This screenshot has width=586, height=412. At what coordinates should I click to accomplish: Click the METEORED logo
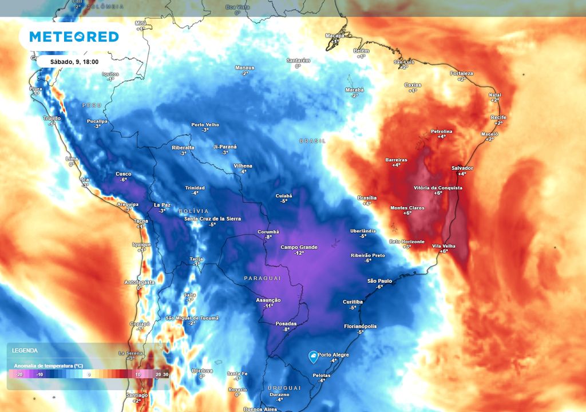point(74,37)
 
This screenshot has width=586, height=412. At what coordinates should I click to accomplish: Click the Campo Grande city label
point(299,247)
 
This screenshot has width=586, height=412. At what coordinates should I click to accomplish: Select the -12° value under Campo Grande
point(299,253)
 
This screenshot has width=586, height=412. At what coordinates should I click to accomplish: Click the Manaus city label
point(244,68)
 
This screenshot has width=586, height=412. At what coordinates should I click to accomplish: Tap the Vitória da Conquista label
point(438,188)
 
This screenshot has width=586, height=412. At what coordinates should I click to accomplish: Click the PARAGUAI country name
point(263,278)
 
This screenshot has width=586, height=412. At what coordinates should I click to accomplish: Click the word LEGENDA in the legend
point(25,350)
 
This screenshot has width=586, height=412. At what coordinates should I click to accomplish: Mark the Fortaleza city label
point(461,74)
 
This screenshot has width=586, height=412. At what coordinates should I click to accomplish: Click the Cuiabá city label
point(283,195)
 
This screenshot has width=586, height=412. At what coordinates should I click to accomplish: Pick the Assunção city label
point(268,300)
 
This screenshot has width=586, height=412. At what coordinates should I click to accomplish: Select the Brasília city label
point(367,197)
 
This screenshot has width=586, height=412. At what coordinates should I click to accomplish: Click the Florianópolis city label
point(361,326)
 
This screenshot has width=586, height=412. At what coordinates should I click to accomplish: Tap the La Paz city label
point(163,205)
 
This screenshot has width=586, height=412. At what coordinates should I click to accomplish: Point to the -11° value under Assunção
point(268,306)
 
